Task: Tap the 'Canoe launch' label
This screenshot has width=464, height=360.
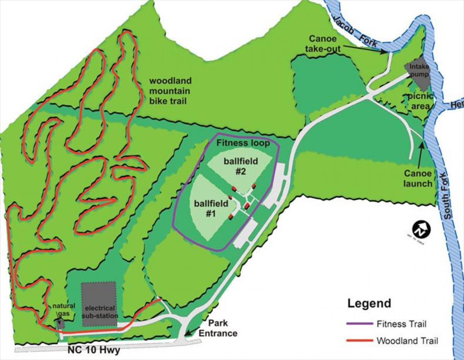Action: (418, 178)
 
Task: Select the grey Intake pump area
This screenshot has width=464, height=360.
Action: (418, 74)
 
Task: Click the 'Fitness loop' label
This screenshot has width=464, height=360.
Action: (243, 143)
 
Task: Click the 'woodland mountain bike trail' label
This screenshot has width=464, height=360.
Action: (170, 91)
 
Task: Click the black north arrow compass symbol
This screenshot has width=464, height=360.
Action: (421, 230)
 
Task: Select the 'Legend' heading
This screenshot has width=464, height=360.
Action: (369, 303)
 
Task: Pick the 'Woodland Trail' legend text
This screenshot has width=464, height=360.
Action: (407, 341)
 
